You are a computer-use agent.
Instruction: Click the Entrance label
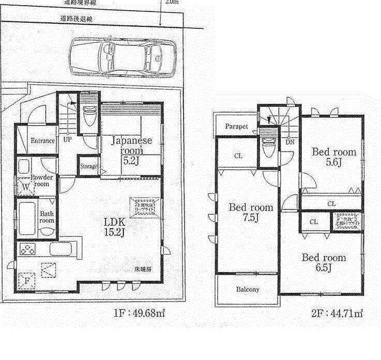[x=42, y=141]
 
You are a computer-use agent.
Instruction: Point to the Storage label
[x=88, y=166]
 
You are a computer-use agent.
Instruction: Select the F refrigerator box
[x=26, y=281]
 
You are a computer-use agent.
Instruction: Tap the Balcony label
[x=248, y=290]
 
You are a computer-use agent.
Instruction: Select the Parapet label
[x=236, y=127]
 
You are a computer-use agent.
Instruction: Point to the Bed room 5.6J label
[x=333, y=157]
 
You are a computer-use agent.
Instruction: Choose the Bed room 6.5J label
[x=324, y=262]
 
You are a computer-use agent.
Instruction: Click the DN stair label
[x=289, y=142]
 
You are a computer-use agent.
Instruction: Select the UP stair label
[x=67, y=139]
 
